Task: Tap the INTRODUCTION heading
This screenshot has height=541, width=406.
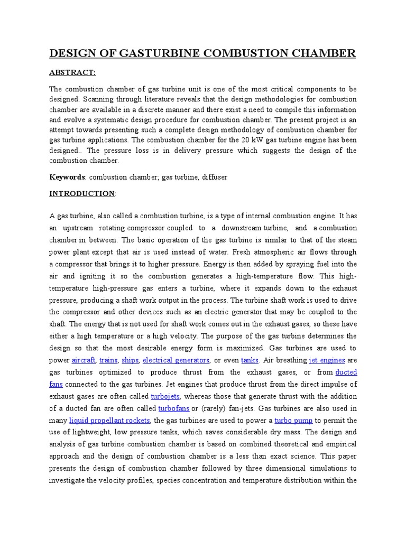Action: click(82, 194)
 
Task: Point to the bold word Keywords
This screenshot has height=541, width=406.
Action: click(67, 178)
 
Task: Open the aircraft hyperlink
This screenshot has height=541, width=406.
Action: click(84, 360)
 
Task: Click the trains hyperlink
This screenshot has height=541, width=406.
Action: click(108, 360)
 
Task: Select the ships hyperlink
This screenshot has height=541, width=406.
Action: click(130, 360)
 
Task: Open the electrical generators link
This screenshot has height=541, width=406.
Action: click(176, 360)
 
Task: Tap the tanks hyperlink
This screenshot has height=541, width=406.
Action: click(250, 360)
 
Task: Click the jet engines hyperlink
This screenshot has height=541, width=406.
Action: click(327, 360)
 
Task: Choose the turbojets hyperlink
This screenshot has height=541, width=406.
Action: click(165, 397)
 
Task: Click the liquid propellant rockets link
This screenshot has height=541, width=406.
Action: click(110, 421)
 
